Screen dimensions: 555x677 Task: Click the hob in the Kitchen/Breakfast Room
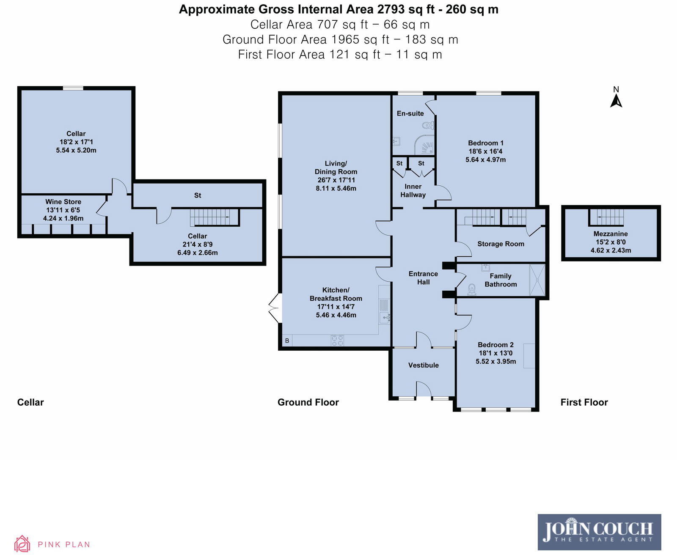(x=338, y=341)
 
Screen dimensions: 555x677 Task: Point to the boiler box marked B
(x=287, y=341)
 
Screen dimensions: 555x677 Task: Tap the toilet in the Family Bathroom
(x=472, y=289)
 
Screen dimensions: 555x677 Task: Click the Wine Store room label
(x=63, y=202)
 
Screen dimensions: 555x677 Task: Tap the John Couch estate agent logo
(x=599, y=532)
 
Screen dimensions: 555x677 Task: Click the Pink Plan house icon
(x=22, y=544)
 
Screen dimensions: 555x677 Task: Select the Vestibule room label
(x=423, y=365)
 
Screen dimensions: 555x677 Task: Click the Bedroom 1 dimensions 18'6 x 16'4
(x=485, y=151)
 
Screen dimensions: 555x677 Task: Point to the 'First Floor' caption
(x=584, y=402)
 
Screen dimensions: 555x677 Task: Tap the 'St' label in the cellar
(x=197, y=195)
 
